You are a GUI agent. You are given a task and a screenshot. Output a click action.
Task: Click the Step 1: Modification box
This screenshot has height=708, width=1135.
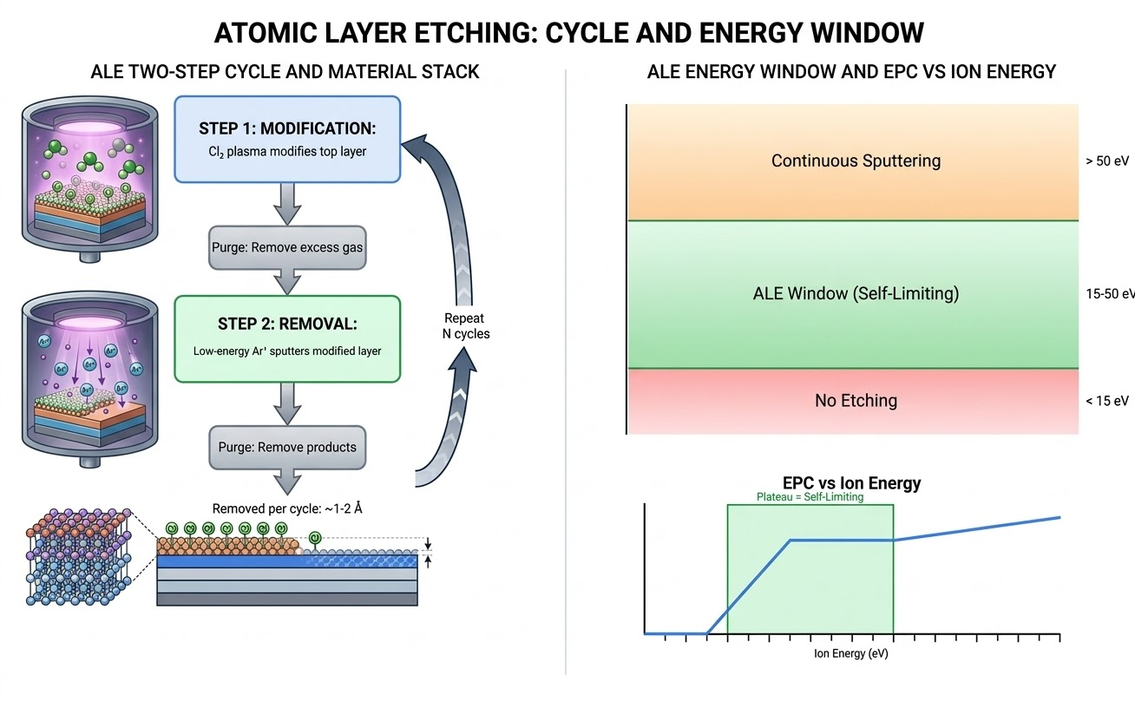pyautogui.click(x=287, y=139)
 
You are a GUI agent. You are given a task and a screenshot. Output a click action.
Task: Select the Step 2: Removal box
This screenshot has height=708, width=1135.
pyautogui.click(x=287, y=338)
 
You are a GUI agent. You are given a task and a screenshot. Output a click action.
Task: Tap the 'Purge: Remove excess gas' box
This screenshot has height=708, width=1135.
pyautogui.click(x=287, y=247)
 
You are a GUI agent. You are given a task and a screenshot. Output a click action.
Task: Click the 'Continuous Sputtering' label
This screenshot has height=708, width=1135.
pyautogui.click(x=855, y=161)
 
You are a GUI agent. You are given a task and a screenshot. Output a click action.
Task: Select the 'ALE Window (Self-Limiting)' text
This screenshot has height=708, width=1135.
pyautogui.click(x=855, y=293)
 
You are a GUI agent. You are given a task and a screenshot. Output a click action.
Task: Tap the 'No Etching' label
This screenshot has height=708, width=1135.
pyautogui.click(x=855, y=400)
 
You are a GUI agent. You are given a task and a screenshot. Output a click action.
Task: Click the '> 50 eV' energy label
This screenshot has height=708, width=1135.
pyautogui.click(x=1106, y=161)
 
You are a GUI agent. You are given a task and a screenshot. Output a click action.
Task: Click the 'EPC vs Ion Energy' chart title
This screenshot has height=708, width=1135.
pyautogui.click(x=851, y=482)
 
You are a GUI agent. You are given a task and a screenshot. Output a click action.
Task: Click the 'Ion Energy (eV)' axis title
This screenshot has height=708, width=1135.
pyautogui.click(x=850, y=653)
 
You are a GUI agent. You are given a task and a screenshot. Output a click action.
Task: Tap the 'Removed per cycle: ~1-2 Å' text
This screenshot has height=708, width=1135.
pyautogui.click(x=287, y=508)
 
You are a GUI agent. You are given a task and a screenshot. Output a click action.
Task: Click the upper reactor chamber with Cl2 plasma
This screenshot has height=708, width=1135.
pyautogui.click(x=90, y=178)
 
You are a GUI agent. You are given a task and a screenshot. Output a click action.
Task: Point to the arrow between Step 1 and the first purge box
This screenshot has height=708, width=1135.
pyautogui.click(x=287, y=205)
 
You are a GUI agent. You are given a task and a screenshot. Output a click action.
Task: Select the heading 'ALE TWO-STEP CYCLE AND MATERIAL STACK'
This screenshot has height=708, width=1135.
pyautogui.click(x=285, y=72)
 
